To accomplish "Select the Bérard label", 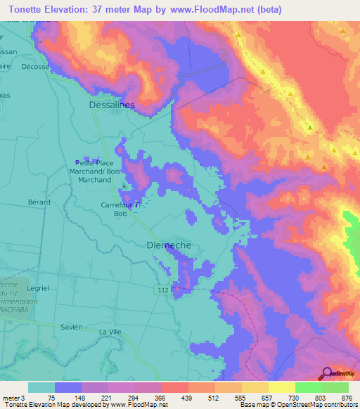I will point(39,202).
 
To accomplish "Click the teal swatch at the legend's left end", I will point(41,387).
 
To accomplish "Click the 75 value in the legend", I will point(51,397).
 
